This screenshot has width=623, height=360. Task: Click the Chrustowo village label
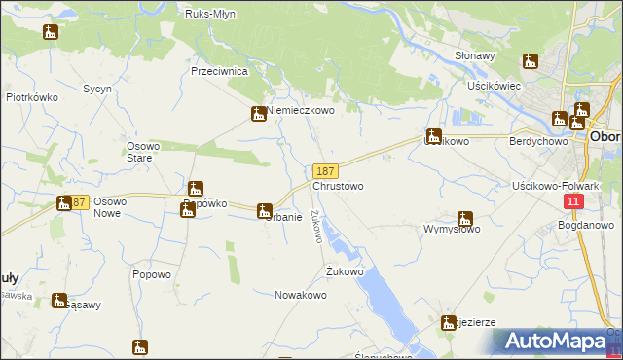coord(338,186)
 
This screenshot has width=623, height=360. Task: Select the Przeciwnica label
coord(220,72)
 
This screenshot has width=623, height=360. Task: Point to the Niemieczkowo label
coord(301,111)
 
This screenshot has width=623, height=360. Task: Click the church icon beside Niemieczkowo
coord(259,115)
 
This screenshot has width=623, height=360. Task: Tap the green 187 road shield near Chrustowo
coord(326,171)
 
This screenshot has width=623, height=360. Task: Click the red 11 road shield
coord(573,200)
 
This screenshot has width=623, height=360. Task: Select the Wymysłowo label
coord(452,230)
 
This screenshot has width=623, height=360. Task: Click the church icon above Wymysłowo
coord(465,220)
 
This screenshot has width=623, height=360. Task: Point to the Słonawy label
coord(476,56)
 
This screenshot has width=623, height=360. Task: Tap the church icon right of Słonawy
coord(530,61)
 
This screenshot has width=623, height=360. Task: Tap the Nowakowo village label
coord(300,295)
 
